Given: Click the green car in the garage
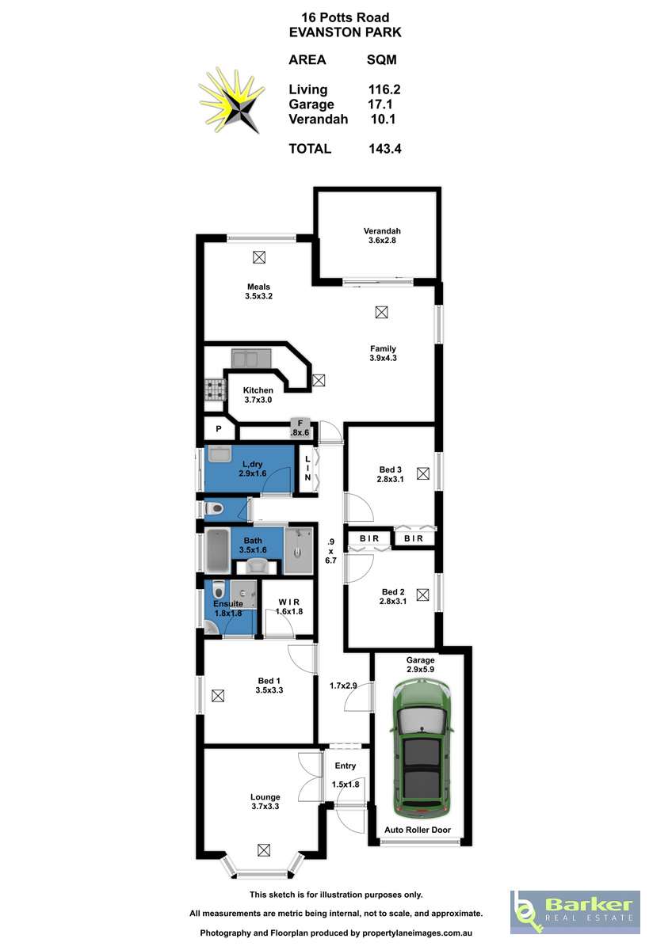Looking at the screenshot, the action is [x=422, y=749].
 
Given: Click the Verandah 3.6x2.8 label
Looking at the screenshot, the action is [x=382, y=236].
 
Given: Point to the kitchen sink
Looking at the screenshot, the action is [x=251, y=359].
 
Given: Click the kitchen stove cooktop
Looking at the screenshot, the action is [x=216, y=389].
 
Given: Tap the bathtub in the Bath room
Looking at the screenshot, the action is [x=217, y=550].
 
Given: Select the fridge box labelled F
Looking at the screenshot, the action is [x=300, y=428].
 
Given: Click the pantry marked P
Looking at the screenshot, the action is [x=219, y=429].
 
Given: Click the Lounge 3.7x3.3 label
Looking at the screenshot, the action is [x=265, y=802].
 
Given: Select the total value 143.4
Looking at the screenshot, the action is [x=385, y=149].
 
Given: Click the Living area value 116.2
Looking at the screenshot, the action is [x=384, y=89].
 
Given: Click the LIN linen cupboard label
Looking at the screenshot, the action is [x=307, y=468].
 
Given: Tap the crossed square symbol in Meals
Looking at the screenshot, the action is [x=259, y=257].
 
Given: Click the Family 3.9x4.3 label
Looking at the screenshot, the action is [x=384, y=353].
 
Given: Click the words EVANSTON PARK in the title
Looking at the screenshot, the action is [x=346, y=32].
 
